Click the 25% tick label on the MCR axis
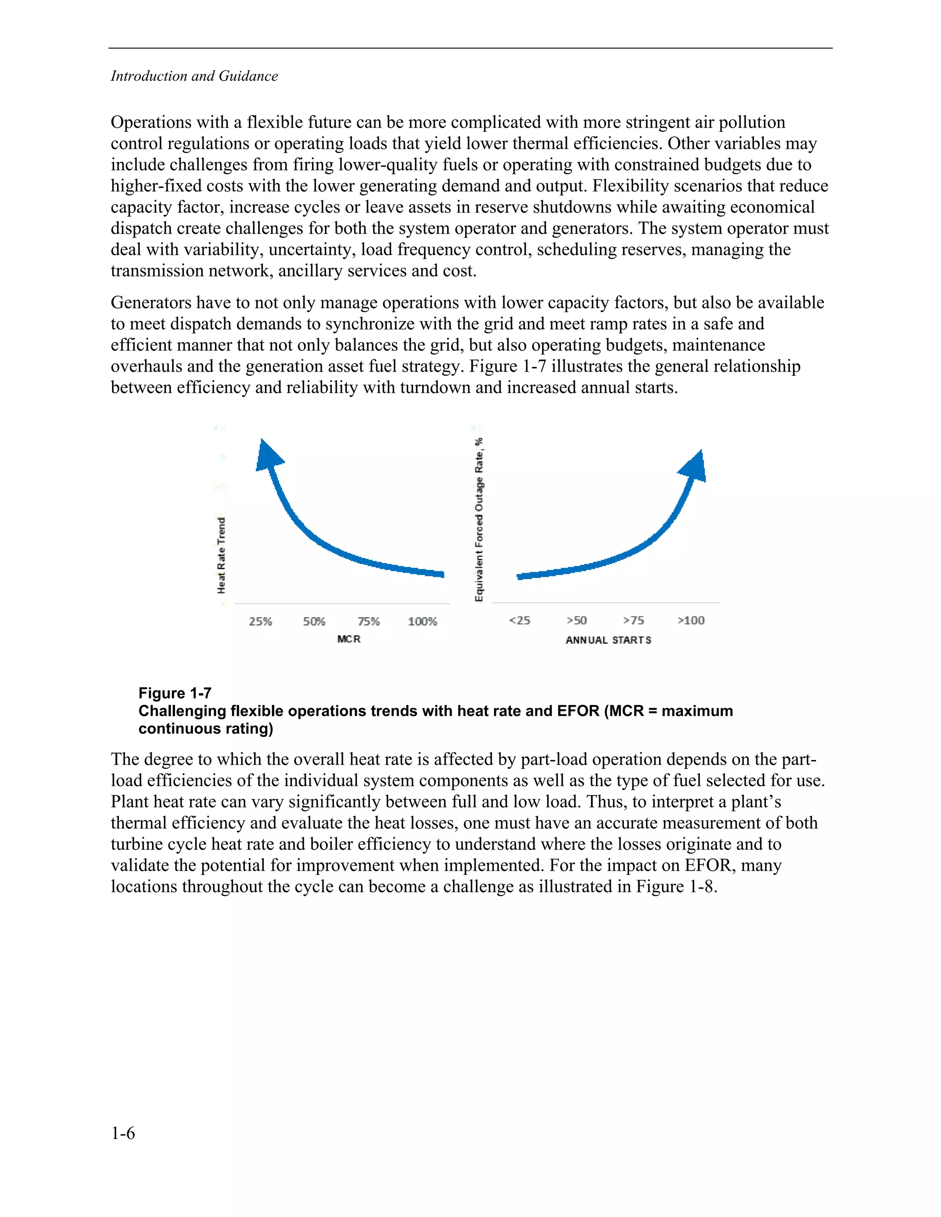coord(261,621)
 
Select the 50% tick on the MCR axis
coord(314,621)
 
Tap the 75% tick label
coord(368,621)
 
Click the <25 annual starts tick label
coord(520,620)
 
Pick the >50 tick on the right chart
coord(577,620)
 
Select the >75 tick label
coord(633,620)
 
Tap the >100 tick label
coord(691,620)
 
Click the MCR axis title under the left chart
coord(349,639)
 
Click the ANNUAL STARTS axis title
coord(608,640)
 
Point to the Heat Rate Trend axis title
coord(221,556)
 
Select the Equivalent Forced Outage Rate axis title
coord(479,519)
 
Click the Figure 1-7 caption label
coord(175,693)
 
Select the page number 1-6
coord(123,1133)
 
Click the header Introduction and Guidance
coord(194,76)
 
